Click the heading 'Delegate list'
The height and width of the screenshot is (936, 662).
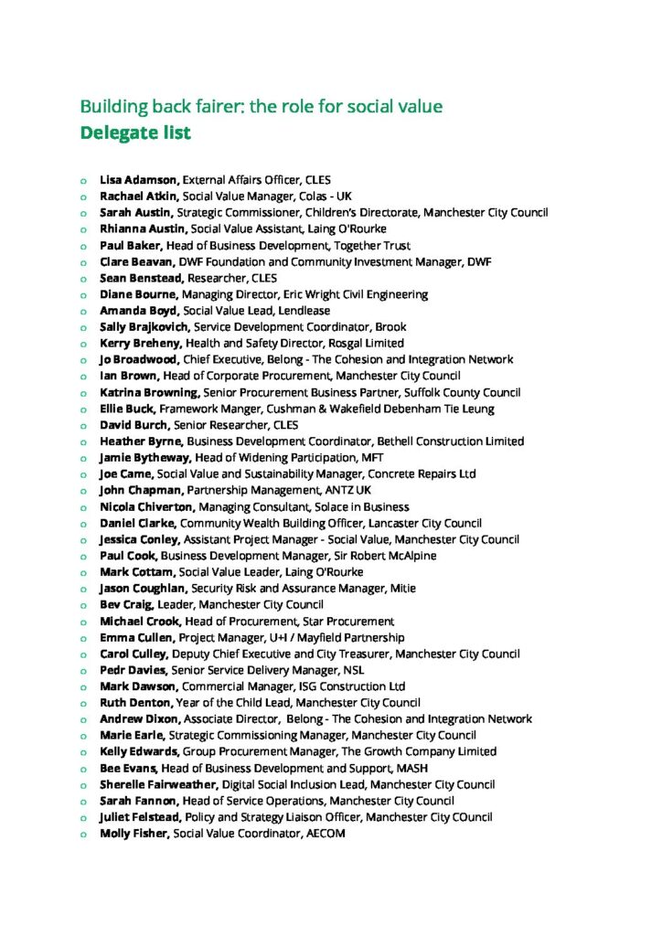coord(135,133)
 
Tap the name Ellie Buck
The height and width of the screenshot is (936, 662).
coord(127,409)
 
